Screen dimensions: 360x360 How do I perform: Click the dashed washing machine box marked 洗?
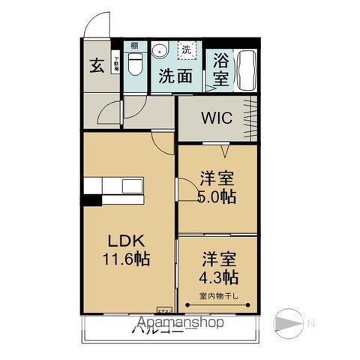coord(184,50)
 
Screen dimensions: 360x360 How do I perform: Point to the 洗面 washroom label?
coord(174,76)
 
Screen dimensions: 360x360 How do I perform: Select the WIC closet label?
coord(216,118)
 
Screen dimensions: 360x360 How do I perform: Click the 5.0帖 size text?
coord(217,197)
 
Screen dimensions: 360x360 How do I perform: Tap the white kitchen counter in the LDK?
coord(112,186)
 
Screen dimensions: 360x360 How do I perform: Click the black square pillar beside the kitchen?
coord(91,199)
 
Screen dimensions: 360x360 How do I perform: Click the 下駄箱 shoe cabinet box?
coord(116,63)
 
